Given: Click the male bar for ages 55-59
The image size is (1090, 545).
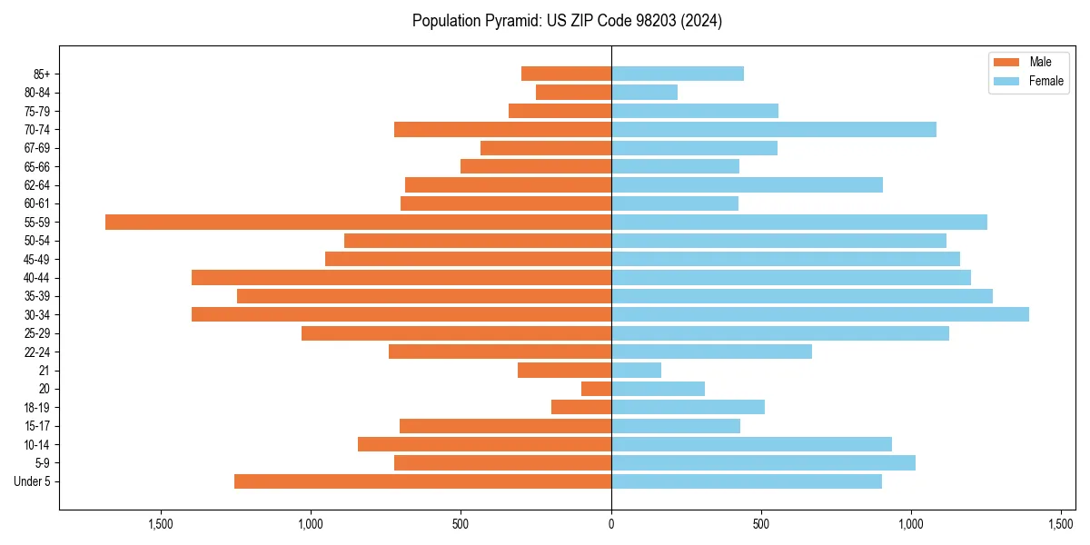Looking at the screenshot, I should (358, 223).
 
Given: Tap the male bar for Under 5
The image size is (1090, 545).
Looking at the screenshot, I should (422, 481).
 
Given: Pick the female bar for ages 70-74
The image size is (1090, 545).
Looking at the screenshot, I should (773, 130).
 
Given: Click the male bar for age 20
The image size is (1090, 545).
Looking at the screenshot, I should (596, 389).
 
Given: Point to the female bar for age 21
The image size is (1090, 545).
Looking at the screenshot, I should (636, 371).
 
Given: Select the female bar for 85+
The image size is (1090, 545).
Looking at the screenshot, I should (677, 74).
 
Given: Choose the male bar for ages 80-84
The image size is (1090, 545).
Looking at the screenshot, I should (573, 93).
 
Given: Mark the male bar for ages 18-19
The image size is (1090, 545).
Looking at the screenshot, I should (581, 407).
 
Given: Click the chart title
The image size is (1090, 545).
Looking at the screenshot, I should (567, 21).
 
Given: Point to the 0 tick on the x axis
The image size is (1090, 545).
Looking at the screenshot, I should (611, 524).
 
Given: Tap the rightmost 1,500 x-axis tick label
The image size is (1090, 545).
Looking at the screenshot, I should (1061, 524).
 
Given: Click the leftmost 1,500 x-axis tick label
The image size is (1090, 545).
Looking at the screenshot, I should (161, 524).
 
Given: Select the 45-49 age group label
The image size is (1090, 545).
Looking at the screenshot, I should (37, 260).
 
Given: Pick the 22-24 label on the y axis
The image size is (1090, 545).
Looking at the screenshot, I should (37, 352).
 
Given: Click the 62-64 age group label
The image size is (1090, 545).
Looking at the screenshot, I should (37, 185).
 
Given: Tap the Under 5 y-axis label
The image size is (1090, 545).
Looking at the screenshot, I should (33, 481).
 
